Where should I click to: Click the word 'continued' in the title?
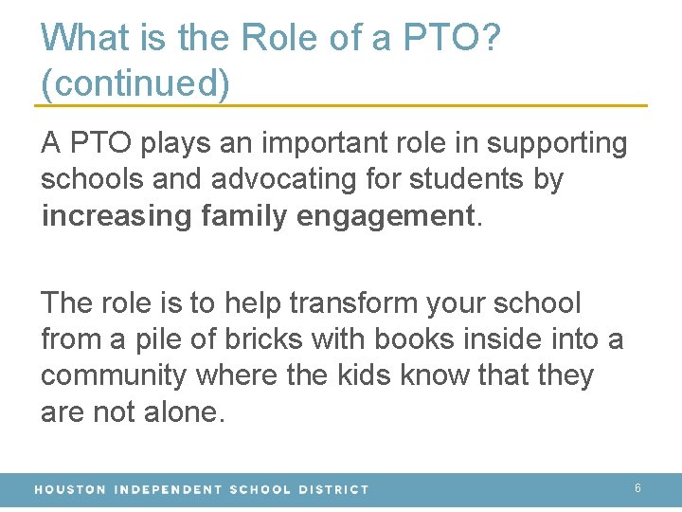point(135,83)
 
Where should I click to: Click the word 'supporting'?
point(556,144)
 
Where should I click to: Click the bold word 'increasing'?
point(116,215)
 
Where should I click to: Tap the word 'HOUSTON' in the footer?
point(70,489)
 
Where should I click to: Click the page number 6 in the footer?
point(637,487)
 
